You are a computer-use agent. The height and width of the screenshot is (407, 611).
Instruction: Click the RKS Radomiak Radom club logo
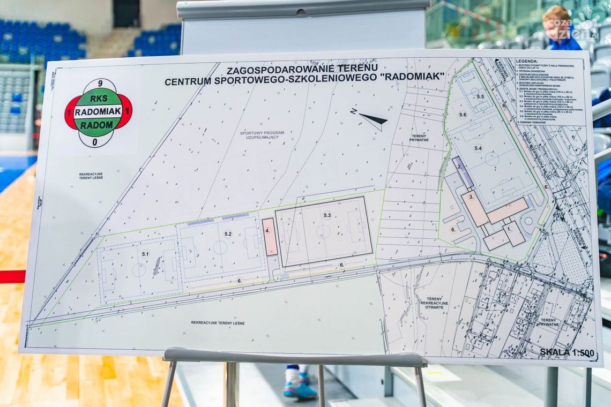tap(98, 112)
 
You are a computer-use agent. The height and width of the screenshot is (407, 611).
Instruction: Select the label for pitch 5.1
tap(145, 253)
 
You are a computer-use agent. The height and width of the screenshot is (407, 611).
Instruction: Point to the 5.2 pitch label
tap(228, 233)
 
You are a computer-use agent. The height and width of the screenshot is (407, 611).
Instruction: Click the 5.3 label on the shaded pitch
tap(327, 215)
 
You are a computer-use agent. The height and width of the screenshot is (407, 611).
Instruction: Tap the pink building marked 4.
tap(270, 236)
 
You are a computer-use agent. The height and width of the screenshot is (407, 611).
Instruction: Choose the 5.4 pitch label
tap(478, 148)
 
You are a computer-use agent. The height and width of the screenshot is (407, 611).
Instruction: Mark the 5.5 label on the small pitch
tap(480, 96)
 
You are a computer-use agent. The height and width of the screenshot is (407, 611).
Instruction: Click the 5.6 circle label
tap(462, 115)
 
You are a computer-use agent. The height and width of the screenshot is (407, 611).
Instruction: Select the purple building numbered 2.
tap(462, 171)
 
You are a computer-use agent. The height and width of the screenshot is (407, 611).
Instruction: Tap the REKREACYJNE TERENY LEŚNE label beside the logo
tap(90, 176)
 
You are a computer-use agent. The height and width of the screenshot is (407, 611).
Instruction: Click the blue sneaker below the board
tap(299, 389)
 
